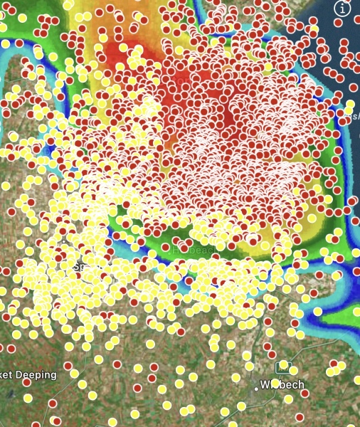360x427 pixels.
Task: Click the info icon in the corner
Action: [343, 9]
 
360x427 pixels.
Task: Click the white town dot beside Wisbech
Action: [257, 389]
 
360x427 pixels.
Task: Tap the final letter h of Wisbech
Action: [300, 385]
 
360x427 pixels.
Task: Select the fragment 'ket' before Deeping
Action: [7, 375]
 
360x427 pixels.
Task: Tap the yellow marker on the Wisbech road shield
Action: [284, 365]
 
